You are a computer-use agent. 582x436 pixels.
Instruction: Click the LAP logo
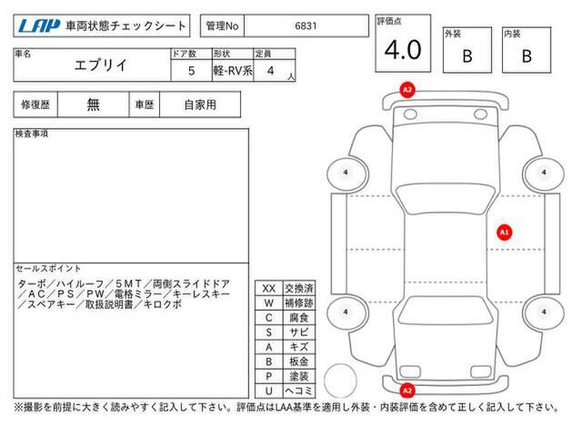(39, 26)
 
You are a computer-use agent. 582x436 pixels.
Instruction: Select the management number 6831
(306, 26)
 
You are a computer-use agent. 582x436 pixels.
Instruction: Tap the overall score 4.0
(403, 50)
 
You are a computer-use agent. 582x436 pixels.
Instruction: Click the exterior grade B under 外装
(467, 56)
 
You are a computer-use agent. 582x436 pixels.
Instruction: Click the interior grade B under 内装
(527, 56)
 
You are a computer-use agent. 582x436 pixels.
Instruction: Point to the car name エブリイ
(101, 65)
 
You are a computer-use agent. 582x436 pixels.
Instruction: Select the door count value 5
(192, 71)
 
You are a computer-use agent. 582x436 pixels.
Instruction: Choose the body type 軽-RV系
(233, 71)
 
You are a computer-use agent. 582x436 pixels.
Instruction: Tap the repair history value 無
(93, 104)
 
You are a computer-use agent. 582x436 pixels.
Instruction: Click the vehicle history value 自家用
(200, 105)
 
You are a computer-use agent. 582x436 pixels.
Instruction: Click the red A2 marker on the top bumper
(407, 90)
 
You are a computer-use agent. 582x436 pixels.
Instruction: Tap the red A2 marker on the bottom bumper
(407, 391)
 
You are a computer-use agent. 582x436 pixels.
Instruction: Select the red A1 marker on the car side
(504, 233)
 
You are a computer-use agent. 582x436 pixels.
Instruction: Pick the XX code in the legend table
(269, 289)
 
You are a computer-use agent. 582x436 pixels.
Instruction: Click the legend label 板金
(299, 362)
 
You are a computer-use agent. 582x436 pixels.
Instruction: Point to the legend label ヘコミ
(299, 391)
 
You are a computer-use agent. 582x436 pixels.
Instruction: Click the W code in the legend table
(269, 303)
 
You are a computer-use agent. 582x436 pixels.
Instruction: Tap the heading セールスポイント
(48, 269)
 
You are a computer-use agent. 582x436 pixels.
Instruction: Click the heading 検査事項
(32, 134)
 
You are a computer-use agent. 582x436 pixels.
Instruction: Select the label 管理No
(222, 26)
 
